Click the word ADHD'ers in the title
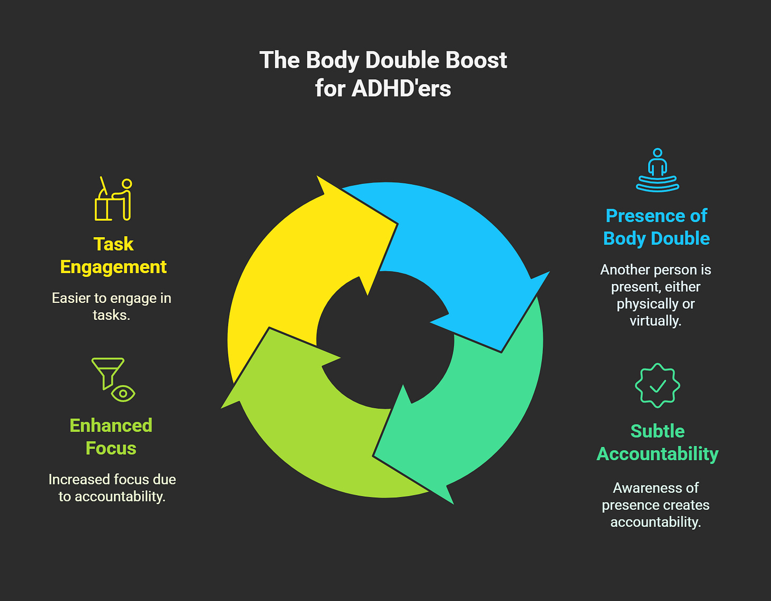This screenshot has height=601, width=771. (401, 88)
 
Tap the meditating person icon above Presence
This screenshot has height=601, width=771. (657, 170)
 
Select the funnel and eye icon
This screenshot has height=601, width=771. (113, 380)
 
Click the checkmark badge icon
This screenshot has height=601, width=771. (657, 385)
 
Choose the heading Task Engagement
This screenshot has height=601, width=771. (113, 255)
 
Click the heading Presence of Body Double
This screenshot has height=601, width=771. (657, 227)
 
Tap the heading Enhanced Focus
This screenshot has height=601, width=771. (111, 437)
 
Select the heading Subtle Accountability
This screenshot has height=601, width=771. (657, 443)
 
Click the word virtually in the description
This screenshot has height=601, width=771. (655, 321)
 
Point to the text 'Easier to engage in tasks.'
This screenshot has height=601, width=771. (111, 307)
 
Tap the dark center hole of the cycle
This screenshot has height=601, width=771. (385, 340)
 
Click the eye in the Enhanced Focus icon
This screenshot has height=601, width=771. (123, 393)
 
